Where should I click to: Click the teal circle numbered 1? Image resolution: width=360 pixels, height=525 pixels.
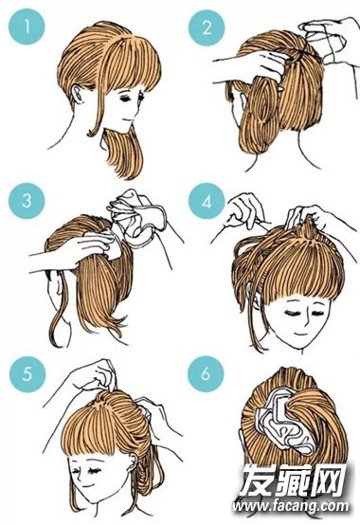tap(27, 27)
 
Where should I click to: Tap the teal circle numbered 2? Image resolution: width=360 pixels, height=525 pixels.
tap(207, 27)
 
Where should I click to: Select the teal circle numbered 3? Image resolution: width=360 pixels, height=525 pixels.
tap(27, 201)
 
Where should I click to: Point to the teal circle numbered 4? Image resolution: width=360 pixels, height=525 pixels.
tap(207, 201)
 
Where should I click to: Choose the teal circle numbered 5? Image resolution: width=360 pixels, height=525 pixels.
tap(27, 374)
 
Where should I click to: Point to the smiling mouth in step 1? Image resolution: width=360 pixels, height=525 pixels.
tap(126, 119)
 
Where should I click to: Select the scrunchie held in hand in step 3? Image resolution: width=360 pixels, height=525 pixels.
tap(137, 218)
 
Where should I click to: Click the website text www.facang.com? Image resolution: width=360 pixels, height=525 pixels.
tap(291, 507)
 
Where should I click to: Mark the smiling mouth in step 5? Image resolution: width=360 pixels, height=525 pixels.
tap(88, 485)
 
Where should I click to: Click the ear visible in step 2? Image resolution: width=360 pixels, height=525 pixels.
tap(241, 100)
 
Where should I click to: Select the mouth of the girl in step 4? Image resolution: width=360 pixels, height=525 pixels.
tap(299, 335)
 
